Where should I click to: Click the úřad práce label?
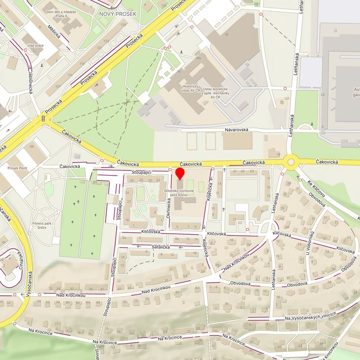pyautogui.click(x=36, y=45)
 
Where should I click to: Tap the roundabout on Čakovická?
pyautogui.click(x=290, y=162)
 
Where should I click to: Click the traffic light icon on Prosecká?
pyautogui.click(x=44, y=119)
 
